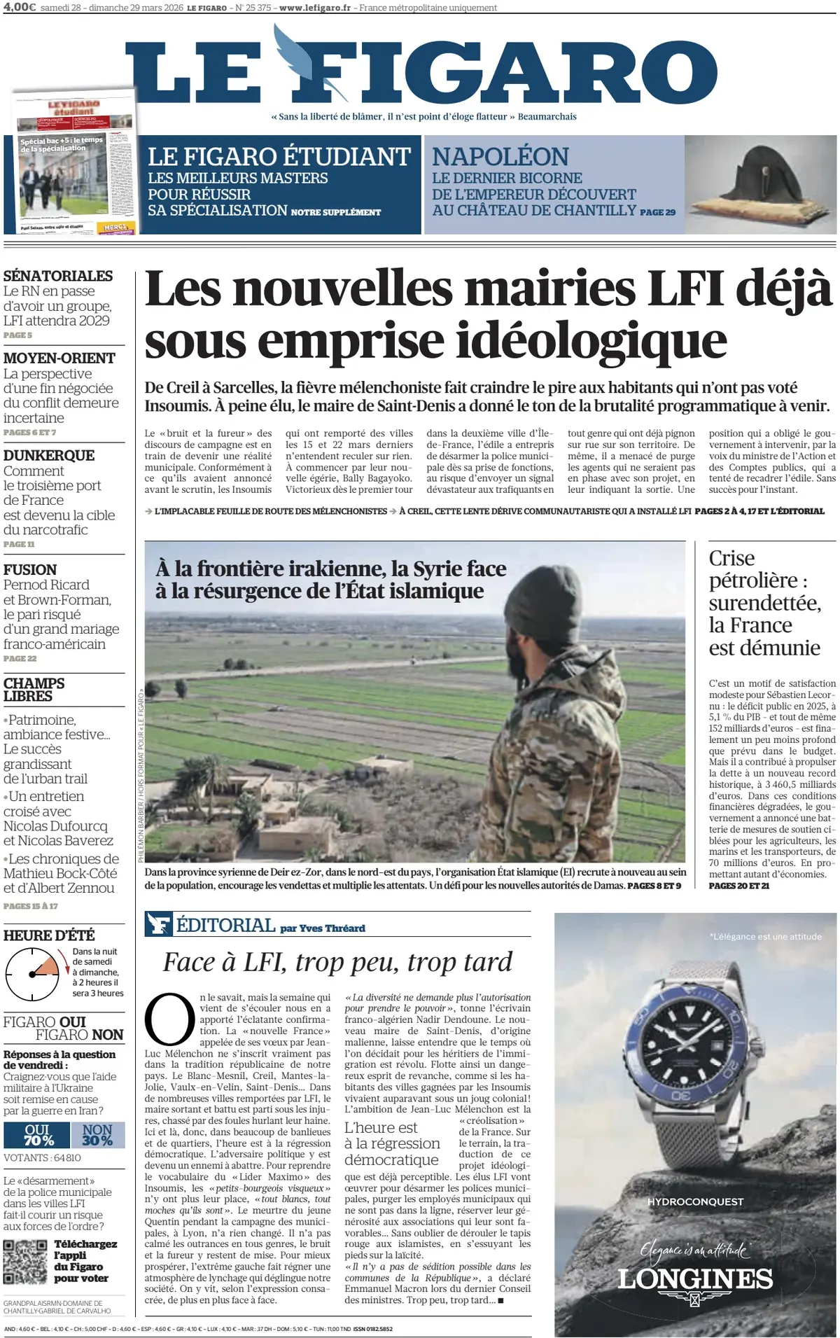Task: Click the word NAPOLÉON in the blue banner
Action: coord(500,156)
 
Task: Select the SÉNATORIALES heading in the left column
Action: coord(58,276)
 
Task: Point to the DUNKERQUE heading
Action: coord(49,455)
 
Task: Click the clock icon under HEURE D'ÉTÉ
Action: coord(32,974)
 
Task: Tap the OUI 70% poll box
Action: coord(37,1134)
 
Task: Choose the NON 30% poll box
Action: coord(97,1134)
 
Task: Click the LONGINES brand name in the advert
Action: coord(695,1279)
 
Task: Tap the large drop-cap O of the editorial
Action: coord(169,1019)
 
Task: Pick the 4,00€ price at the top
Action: coord(20,8)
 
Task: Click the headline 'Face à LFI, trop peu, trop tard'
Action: coord(337,962)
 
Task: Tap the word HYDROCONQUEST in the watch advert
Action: coord(695,1202)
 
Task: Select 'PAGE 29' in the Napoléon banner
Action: coord(658,212)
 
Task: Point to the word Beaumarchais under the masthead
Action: coord(547,117)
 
